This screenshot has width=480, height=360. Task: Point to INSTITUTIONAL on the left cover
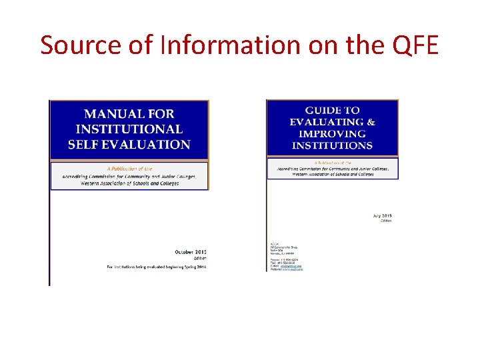click(x=129, y=129)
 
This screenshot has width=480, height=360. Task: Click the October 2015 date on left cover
click(x=191, y=252)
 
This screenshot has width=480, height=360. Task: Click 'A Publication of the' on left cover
click(x=129, y=169)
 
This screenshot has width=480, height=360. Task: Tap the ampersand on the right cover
click(x=371, y=122)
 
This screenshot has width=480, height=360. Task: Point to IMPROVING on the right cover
click(x=331, y=133)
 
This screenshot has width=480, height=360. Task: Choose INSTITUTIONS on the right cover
click(x=331, y=145)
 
